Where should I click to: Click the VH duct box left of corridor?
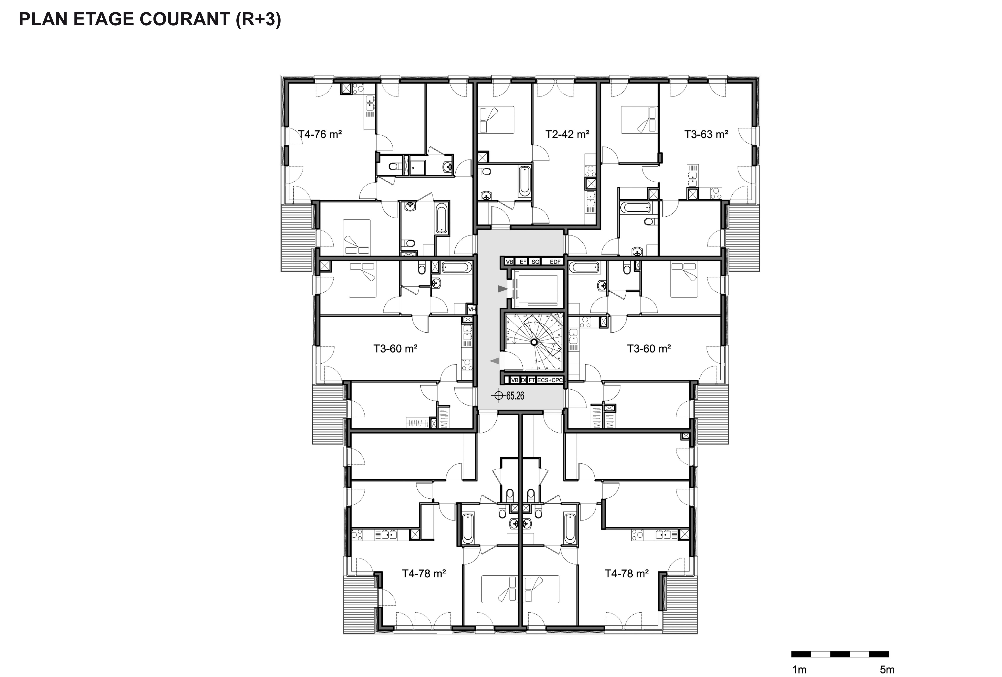[x=472, y=309]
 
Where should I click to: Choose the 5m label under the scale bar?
[x=887, y=670]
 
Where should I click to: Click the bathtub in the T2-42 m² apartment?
[x=524, y=181]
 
